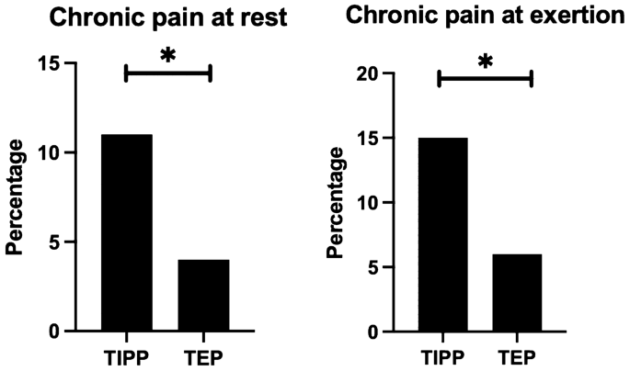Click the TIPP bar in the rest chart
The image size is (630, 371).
[x=126, y=232]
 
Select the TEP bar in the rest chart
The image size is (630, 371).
[x=203, y=295]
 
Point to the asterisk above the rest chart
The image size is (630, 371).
[x=167, y=56]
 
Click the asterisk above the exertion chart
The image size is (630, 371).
[x=485, y=63]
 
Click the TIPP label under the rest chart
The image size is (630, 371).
[x=126, y=354]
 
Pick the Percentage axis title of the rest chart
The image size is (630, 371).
[x=15, y=197]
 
